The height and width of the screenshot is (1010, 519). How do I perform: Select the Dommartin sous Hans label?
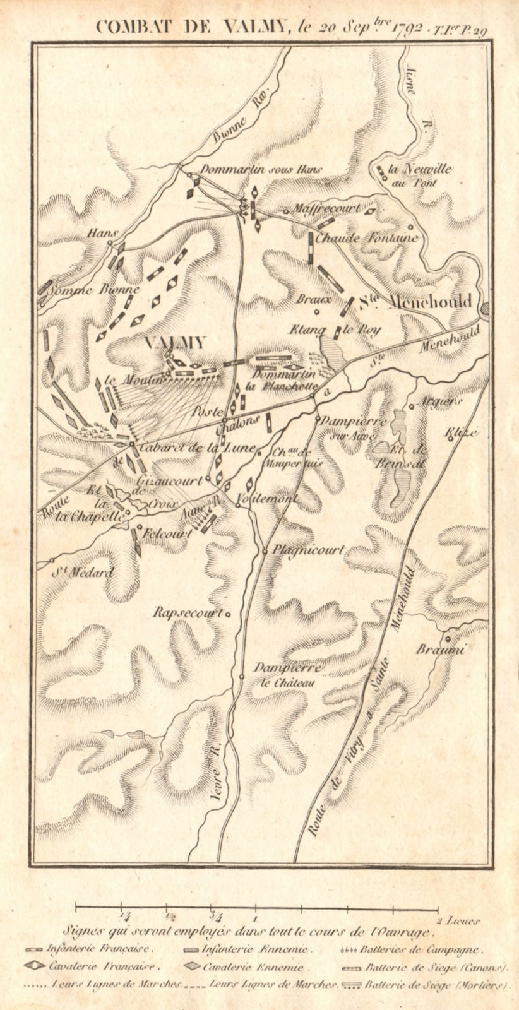tap(261, 169)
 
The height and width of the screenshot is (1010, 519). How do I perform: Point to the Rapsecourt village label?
tap(189, 612)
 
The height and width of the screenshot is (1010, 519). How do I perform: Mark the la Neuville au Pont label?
tap(414, 175)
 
